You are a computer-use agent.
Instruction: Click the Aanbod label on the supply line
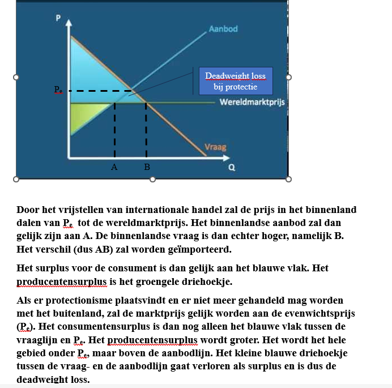tap(223, 28)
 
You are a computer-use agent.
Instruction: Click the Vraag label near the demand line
tap(215, 147)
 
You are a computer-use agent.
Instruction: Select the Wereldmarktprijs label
tap(252, 103)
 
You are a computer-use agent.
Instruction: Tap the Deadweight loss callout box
tap(235, 81)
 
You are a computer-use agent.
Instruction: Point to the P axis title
tap(57, 18)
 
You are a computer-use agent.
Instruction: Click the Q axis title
tap(231, 167)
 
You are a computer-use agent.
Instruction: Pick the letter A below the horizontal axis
tap(114, 167)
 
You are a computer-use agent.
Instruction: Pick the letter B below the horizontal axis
tap(147, 167)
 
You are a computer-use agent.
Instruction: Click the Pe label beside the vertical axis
tap(58, 90)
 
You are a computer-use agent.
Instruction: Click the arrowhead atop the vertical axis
tap(69, 23)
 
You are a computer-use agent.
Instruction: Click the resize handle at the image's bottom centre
tap(152, 179)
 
